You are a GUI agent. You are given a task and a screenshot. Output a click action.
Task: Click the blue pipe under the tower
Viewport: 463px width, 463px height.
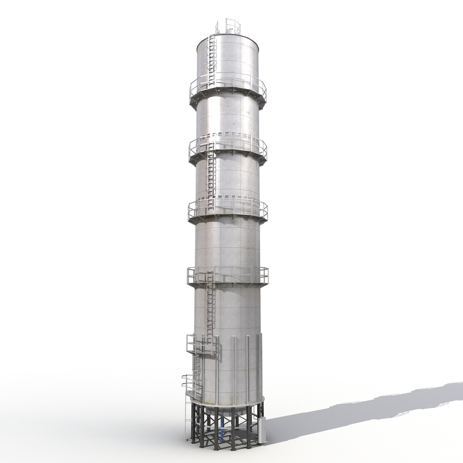(x=222, y=427)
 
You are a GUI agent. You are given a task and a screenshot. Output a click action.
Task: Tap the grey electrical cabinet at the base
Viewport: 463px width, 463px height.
(x=261, y=429)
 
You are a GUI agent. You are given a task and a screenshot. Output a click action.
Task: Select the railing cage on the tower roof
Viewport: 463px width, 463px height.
(x=228, y=26)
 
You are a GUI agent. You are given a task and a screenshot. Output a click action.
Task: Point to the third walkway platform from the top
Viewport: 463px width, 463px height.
(x=228, y=211)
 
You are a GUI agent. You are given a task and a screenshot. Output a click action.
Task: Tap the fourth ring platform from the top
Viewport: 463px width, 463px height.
(x=228, y=277)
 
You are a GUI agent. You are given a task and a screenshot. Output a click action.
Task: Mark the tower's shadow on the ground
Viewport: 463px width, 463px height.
(x=364, y=407)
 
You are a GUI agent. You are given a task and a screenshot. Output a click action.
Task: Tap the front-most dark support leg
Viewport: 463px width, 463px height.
(x=216, y=429)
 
